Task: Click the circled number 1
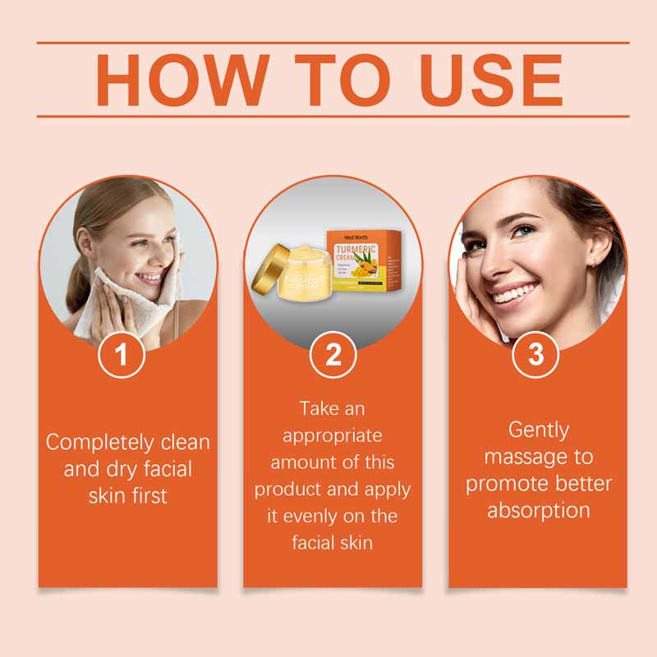point(122,356)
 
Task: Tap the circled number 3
point(535,356)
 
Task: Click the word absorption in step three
point(539,509)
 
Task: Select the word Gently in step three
point(539,430)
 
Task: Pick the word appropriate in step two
point(333,434)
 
